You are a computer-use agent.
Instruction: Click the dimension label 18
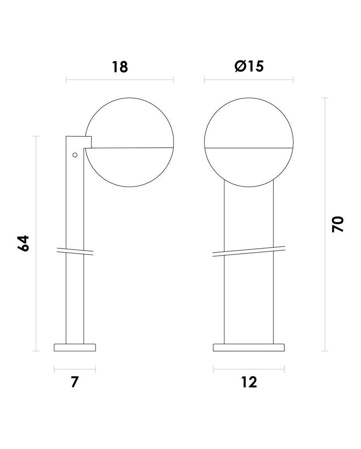[120, 67]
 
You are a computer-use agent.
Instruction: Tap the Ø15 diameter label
[249, 66]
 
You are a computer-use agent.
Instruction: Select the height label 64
[23, 243]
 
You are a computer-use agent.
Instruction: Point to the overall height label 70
[338, 224]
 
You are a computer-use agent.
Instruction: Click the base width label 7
[75, 382]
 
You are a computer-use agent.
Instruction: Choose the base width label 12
[249, 382]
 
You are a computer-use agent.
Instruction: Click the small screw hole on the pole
[75, 155]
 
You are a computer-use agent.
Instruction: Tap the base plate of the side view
[75, 347]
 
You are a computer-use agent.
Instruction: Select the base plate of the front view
[249, 347]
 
